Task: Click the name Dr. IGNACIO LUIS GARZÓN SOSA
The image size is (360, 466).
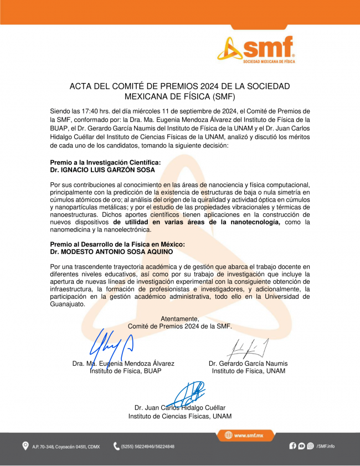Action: tap(102, 170)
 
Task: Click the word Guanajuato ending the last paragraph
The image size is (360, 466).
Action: tap(67, 304)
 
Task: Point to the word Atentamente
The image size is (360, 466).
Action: tap(179, 319)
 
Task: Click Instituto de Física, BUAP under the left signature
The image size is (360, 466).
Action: tap(126, 371)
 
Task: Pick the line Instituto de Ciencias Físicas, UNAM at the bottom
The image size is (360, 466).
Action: tap(180, 416)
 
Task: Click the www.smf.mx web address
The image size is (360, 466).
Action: tap(246, 436)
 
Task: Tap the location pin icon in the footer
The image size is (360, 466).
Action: tap(25, 446)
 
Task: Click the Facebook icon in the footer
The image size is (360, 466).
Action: tap(293, 445)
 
